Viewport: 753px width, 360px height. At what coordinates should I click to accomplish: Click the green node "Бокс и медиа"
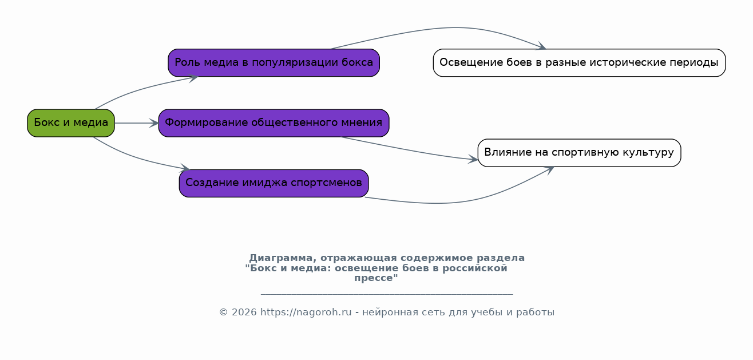tap(71, 123)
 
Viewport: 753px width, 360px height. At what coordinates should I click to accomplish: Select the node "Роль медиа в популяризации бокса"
tap(274, 62)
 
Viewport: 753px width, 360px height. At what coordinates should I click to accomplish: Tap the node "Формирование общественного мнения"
tap(274, 123)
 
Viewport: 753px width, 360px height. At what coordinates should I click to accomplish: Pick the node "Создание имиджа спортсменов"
tap(274, 183)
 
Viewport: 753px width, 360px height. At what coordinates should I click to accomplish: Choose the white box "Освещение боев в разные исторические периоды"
tap(579, 62)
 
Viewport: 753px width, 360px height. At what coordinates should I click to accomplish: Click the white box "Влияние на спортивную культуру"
tap(579, 153)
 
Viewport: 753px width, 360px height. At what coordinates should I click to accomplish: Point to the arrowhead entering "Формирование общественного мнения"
tap(154, 123)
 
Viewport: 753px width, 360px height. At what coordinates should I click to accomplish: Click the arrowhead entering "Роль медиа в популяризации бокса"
tap(193, 77)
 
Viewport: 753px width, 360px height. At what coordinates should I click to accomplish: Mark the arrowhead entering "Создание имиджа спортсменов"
tap(185, 169)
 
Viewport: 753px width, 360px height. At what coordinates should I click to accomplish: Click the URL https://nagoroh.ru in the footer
tap(306, 312)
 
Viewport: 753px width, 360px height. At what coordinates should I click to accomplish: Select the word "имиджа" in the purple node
tap(266, 183)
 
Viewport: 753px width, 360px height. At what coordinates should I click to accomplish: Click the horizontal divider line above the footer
tap(387, 294)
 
